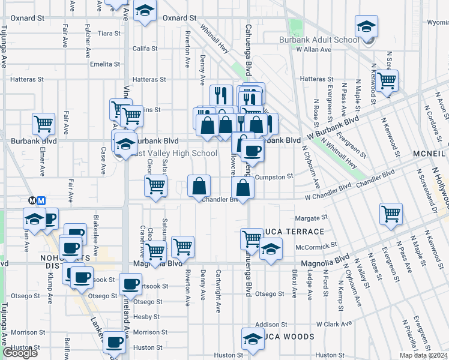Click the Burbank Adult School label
319,40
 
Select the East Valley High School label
173,154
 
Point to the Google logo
20,353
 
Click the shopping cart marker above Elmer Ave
44,124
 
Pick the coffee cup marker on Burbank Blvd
253,151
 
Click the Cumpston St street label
274,177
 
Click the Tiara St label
110,34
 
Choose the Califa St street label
145,49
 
